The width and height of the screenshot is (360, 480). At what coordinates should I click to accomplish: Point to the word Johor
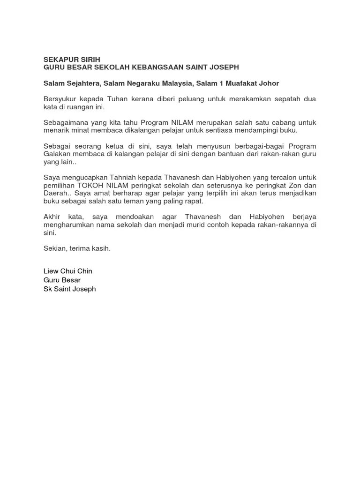tap(269, 83)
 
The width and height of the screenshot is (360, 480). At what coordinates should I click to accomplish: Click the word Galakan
tap(57, 154)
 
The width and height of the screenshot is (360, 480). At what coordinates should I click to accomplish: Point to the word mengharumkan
tap(67, 225)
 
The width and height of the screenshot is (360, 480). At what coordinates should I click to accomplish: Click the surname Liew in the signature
tap(51, 271)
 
